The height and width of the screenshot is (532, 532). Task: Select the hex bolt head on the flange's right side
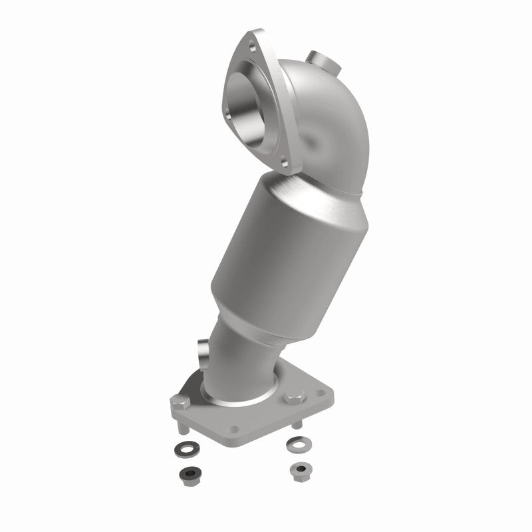293,398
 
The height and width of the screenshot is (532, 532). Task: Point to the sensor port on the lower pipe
204,349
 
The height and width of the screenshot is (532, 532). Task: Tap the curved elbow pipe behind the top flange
319,126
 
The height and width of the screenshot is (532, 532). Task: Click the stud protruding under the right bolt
296,422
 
